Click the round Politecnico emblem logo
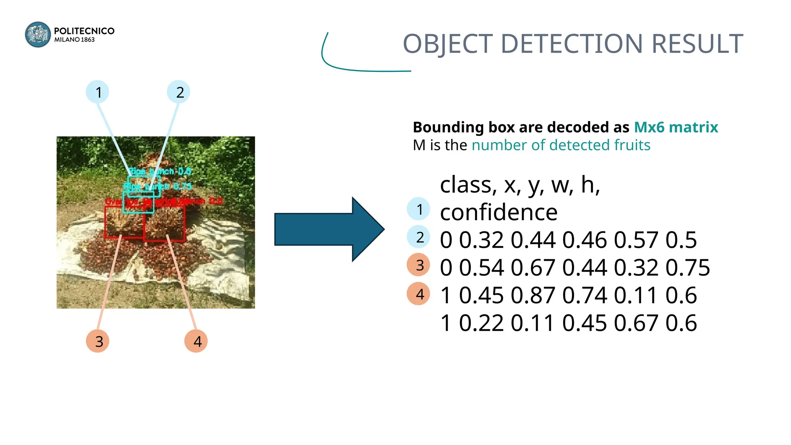point(38,34)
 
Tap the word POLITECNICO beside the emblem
point(84,31)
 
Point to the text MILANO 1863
point(74,40)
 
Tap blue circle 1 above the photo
point(97,92)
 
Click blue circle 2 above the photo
point(178,92)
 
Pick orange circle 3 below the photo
point(98,341)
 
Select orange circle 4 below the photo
point(196,341)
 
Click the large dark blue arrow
point(328,229)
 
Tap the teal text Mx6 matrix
point(676,127)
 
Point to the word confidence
point(499,212)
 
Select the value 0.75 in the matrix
point(688,267)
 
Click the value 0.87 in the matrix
point(533,295)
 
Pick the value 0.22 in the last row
point(481,323)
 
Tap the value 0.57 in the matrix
point(636,240)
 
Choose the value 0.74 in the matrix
point(584,295)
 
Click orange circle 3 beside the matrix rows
point(418,265)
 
